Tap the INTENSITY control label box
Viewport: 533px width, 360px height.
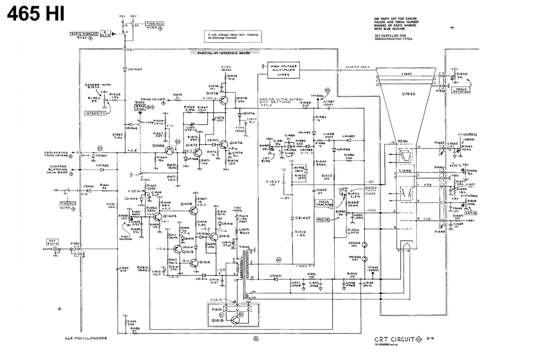pos(95,113)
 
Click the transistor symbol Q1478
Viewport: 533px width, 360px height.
pos(223,100)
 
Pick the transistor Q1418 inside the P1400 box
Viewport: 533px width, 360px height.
pos(237,318)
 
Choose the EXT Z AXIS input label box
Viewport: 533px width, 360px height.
pos(51,242)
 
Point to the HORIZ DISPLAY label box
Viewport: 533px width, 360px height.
pos(84,34)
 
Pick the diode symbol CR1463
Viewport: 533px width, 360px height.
pos(125,69)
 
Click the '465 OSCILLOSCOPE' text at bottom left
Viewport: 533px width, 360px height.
pos(85,338)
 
